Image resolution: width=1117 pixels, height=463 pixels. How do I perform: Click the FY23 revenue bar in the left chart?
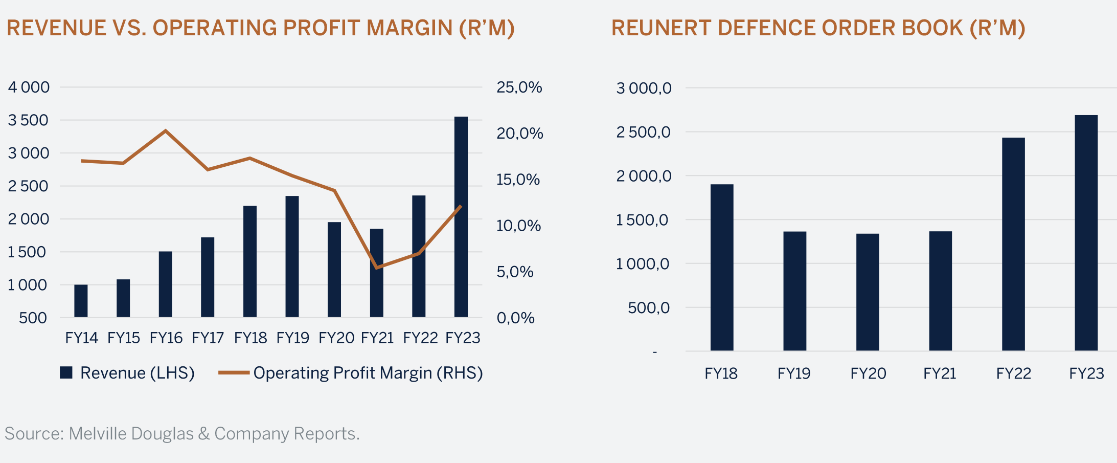point(461,217)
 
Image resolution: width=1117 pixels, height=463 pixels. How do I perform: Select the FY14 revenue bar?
point(81,301)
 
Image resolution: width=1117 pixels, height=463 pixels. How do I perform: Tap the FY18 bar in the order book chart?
point(721,267)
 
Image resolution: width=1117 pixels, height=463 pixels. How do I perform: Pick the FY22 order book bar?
point(1013,244)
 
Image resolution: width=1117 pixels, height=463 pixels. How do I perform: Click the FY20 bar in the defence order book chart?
point(868,292)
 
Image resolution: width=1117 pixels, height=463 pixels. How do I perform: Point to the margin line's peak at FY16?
point(165,130)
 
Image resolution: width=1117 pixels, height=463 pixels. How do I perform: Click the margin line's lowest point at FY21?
point(376,268)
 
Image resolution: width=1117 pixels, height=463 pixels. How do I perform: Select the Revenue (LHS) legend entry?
point(128,373)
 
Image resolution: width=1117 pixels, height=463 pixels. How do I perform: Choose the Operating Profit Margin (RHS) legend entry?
point(351,373)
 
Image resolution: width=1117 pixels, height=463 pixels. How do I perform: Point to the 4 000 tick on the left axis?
point(29,87)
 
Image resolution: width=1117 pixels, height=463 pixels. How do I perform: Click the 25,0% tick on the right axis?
point(519,87)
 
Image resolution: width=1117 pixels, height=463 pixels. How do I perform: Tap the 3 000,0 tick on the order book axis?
point(644,89)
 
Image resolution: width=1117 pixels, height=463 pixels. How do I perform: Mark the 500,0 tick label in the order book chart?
point(648,308)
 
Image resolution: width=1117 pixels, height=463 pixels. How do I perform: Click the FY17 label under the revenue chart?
point(208,338)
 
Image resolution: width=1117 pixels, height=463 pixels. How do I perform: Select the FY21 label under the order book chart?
point(940,374)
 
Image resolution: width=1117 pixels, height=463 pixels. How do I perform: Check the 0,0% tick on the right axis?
point(515,318)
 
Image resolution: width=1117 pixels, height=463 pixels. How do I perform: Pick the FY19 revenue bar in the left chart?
point(292,256)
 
